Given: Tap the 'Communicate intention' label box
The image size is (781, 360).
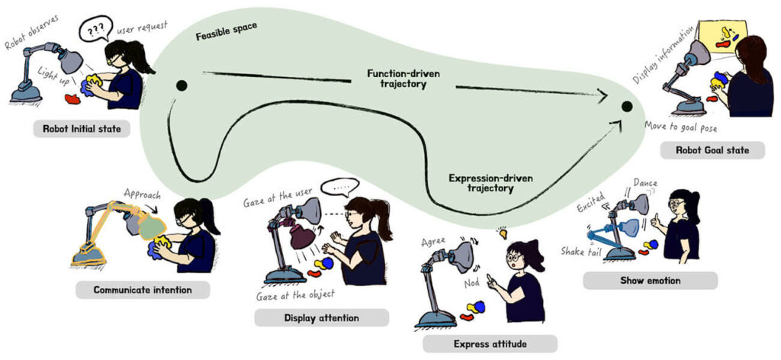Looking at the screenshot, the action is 143,289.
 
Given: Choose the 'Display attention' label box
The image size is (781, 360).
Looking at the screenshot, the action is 321,318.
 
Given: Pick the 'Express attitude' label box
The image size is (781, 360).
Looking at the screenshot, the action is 490,344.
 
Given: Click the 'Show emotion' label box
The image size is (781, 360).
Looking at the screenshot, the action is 650,281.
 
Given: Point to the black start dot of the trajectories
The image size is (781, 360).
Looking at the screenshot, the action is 182,85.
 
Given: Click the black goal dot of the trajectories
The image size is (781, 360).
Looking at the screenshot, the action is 627,106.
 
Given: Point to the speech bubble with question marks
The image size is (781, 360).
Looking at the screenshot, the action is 96,28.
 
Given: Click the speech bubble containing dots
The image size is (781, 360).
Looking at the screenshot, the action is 339,187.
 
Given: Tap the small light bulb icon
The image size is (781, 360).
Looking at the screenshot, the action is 503,233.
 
